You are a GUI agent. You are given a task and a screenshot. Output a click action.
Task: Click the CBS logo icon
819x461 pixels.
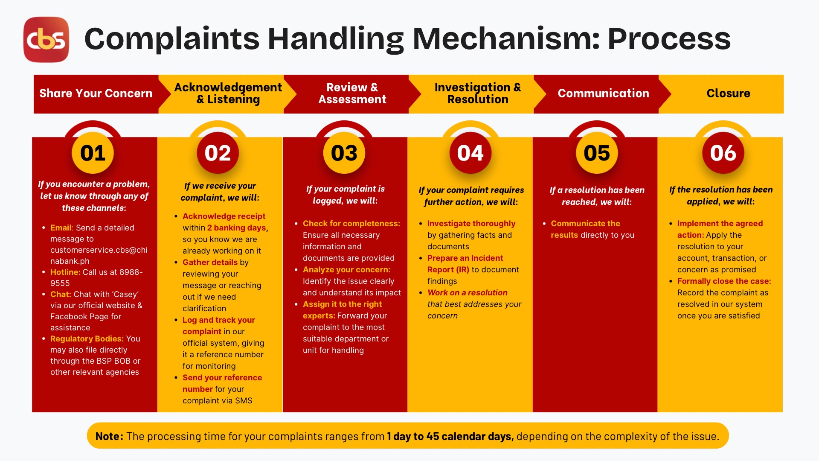click(x=46, y=39)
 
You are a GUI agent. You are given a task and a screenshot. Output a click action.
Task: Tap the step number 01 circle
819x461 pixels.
click(x=93, y=153)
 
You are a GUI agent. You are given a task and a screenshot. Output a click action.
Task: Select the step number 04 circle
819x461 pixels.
click(x=470, y=153)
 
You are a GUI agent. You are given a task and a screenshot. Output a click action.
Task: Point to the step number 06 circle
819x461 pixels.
click(x=723, y=153)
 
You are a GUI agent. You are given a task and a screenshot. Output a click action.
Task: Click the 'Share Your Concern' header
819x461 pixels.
click(x=96, y=93)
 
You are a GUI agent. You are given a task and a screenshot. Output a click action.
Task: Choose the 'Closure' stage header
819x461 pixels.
click(x=728, y=93)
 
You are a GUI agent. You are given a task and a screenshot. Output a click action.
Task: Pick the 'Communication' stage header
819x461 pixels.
click(x=603, y=93)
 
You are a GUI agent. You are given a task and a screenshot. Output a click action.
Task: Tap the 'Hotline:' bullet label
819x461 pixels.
click(x=65, y=272)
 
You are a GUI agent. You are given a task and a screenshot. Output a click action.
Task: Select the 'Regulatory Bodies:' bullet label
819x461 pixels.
click(x=87, y=338)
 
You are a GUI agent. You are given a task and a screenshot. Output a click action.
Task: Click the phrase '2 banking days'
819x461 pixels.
click(x=236, y=228)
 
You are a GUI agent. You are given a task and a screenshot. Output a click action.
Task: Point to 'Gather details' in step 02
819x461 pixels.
click(x=210, y=262)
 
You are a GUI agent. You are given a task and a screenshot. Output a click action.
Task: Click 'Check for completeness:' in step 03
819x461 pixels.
click(x=351, y=223)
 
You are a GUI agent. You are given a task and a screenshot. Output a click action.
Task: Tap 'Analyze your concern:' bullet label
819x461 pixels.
click(x=346, y=270)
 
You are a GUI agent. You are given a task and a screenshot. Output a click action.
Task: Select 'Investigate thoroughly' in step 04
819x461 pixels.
click(x=471, y=224)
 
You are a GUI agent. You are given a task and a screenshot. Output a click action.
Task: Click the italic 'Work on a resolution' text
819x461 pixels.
click(x=468, y=292)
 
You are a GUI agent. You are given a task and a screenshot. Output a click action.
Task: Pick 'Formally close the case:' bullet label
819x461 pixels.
click(x=724, y=281)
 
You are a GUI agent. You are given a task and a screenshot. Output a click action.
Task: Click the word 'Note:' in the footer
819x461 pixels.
click(x=109, y=436)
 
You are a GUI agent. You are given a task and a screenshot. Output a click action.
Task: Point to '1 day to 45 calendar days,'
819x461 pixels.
click(x=450, y=436)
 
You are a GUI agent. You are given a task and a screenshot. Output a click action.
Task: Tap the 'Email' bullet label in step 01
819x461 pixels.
click(x=61, y=228)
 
